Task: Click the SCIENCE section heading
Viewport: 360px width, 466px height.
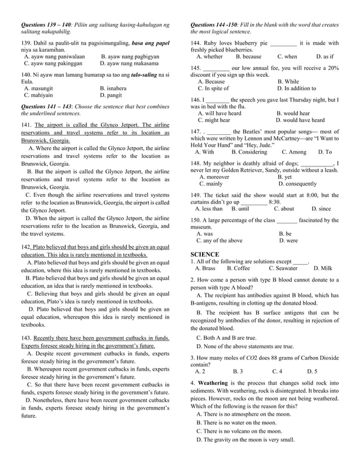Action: (205, 254)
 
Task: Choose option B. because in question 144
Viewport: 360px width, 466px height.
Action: (248, 56)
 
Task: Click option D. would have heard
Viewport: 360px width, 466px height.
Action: (300, 120)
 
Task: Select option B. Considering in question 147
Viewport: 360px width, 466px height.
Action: (249, 152)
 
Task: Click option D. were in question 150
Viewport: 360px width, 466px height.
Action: (288, 240)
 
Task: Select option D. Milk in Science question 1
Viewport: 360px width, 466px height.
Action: (323, 269)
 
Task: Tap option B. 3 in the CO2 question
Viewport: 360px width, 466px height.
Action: (238, 372)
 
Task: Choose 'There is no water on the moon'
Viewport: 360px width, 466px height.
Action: (236, 423)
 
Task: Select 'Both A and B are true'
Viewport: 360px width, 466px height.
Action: (226, 337)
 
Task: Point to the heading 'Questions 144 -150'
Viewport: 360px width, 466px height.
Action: (213, 25)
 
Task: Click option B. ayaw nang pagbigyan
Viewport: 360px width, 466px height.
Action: (130, 56)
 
